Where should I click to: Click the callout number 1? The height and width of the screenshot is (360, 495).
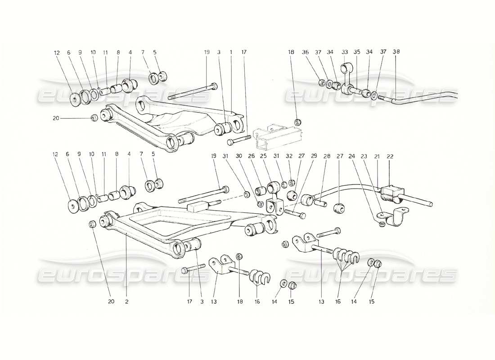pos(231,52)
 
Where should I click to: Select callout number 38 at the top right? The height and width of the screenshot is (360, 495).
pos(396,51)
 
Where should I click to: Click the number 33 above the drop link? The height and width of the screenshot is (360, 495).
pos(346,52)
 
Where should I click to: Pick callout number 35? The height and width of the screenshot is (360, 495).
pos(357,52)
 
